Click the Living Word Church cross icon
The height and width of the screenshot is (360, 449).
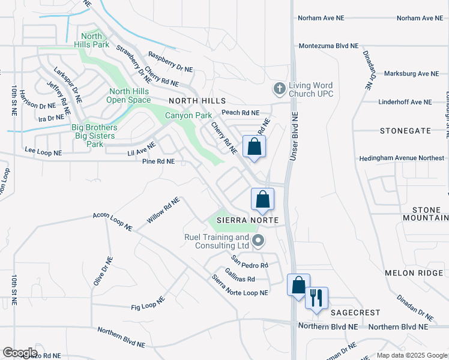[279, 89]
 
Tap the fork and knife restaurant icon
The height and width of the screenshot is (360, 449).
[316, 298]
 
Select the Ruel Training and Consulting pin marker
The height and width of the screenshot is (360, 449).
[259, 241]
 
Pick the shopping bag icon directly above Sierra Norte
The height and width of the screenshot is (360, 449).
[262, 199]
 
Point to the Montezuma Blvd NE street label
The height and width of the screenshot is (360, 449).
[328, 46]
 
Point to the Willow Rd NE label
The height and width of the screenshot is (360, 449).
[163, 211]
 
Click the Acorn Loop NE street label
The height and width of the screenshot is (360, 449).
[112, 221]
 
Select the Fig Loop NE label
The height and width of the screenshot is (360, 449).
[148, 304]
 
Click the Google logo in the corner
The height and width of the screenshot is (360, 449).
[20, 353]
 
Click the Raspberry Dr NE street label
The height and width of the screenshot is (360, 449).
[170, 62]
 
